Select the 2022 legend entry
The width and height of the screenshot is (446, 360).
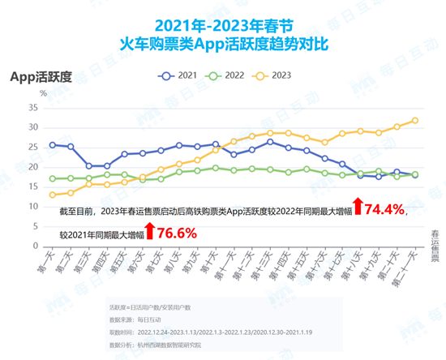tap(227, 75)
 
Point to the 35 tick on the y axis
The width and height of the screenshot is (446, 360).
tap(33, 107)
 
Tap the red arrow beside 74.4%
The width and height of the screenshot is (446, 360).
tap(358, 210)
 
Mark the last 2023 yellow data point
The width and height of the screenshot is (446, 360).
tap(415, 120)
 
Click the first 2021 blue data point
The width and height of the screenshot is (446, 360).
tap(53, 144)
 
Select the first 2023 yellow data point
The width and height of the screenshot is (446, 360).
tap(53, 195)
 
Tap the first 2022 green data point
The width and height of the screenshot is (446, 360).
tap(53, 178)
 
